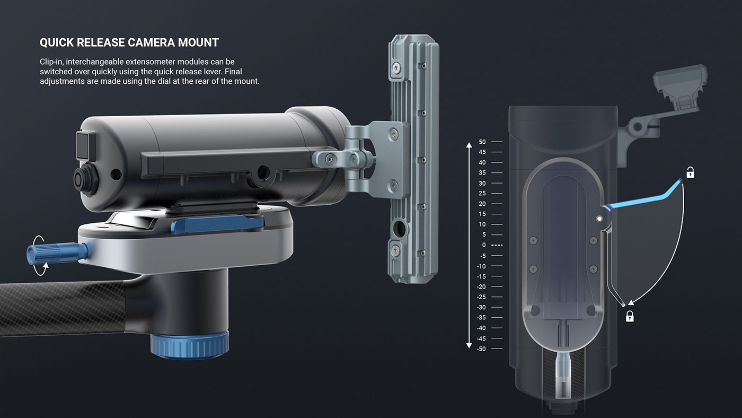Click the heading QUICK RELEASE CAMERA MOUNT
[129, 42]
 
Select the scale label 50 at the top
[482, 142]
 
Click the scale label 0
[483, 245]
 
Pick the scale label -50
[481, 349]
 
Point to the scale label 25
[482, 194]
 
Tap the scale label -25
[481, 297]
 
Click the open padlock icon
[690, 172]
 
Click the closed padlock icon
[630, 317]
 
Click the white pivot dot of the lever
[599, 218]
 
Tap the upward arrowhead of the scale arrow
[469, 145]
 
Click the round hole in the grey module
[399, 229]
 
